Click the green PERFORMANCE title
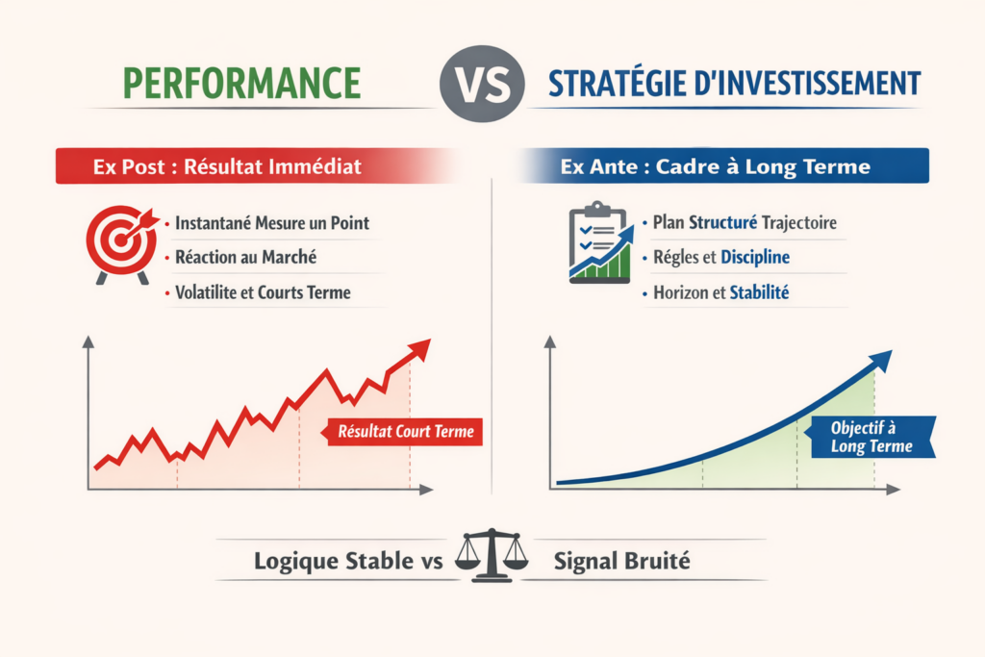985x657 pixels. [241, 83]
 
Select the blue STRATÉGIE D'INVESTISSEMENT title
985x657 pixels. [734, 83]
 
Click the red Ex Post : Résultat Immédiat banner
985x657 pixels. [228, 166]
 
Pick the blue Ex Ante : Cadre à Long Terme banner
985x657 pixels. [715, 166]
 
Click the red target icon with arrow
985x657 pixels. [120, 241]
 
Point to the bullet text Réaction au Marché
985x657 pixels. [246, 257]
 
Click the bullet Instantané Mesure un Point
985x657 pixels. [272, 223]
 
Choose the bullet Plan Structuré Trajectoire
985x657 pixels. [744, 223]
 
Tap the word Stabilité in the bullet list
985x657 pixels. [759, 292]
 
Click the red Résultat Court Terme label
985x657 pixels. [404, 432]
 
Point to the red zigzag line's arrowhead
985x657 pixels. [419, 349]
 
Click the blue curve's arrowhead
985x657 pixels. [880, 361]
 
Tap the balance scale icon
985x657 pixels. [492, 556]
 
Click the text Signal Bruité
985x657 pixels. [621, 561]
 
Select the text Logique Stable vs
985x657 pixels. [347, 561]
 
